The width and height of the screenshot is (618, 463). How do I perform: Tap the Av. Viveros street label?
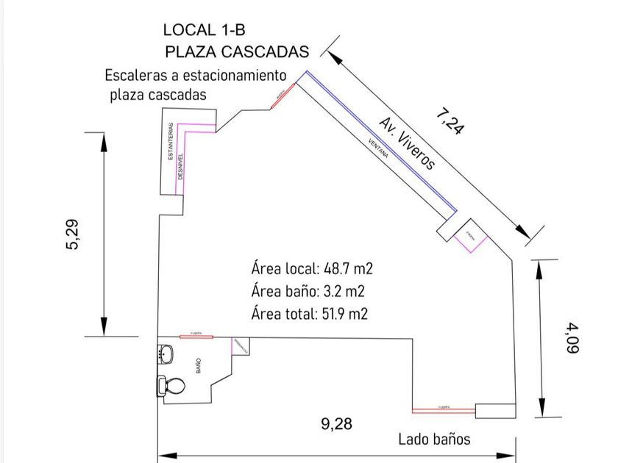pyautogui.click(x=408, y=143)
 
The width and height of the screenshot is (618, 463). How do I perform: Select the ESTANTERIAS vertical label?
pyautogui.click(x=170, y=142)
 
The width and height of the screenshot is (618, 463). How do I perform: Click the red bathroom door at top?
pyautogui.click(x=196, y=337)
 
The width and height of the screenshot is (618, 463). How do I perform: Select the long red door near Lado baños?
pyautogui.click(x=443, y=409)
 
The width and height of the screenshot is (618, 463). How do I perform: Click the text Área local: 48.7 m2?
pyautogui.click(x=308, y=267)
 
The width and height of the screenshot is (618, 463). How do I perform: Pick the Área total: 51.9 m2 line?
pyautogui.click(x=309, y=314)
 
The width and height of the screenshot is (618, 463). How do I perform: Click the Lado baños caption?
pyautogui.click(x=434, y=439)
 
